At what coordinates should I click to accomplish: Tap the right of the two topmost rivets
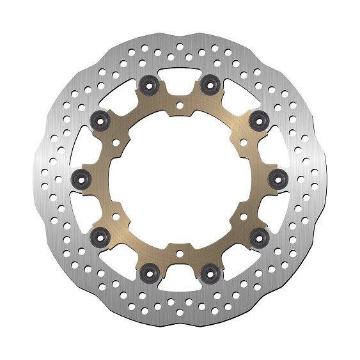[x=208, y=83]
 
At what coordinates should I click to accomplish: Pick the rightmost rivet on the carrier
[x=278, y=178]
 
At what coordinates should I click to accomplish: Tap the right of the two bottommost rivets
[x=208, y=274]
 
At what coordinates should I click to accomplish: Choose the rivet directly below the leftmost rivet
[x=101, y=238]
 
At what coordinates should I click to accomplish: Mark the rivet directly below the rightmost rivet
[x=259, y=238]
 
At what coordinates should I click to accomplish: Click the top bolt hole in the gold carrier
[x=180, y=105]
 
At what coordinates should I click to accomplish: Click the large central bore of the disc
[x=180, y=179]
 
